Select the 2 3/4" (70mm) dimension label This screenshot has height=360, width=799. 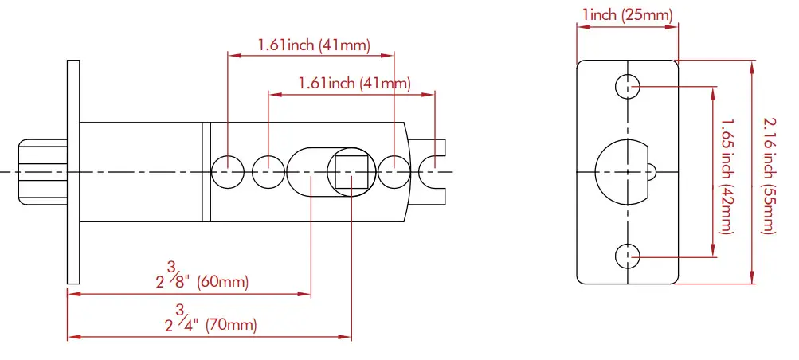point(211,319)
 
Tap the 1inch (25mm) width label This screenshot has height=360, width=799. point(627,14)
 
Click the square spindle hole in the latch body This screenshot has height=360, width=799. point(350,172)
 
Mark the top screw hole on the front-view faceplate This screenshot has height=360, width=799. point(628,85)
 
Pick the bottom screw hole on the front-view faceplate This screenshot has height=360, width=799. point(628,256)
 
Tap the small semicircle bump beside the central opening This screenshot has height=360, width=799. point(652,171)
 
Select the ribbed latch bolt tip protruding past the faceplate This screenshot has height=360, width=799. point(41,172)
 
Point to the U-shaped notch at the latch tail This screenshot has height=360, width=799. point(435,171)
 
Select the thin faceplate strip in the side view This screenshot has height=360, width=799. point(73,171)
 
